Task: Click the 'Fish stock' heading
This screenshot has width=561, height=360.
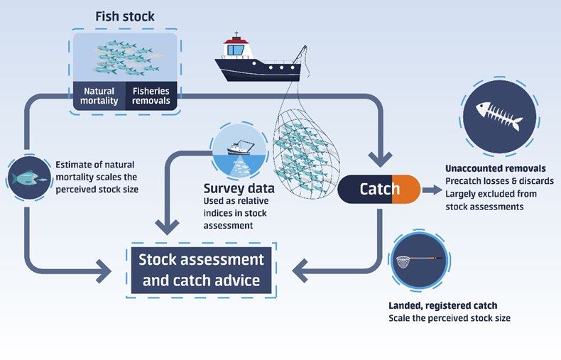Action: [x=125, y=16]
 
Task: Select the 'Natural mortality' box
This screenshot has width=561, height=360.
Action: [x=99, y=96]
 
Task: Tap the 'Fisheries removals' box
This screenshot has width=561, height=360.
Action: [x=151, y=96]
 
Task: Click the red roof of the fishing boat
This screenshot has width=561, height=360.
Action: [x=236, y=40]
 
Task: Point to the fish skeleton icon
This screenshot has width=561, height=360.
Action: [x=499, y=116]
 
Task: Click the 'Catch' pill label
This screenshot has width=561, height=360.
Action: [x=379, y=189]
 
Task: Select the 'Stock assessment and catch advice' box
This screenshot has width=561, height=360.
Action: [x=201, y=271]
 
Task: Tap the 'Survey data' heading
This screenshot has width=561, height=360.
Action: [x=239, y=188]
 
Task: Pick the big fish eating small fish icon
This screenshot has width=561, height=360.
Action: [x=29, y=178]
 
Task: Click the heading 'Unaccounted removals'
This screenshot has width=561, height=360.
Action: [x=496, y=168]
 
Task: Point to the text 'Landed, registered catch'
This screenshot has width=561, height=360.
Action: [x=443, y=305]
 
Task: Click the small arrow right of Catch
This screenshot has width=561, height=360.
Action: [x=432, y=190]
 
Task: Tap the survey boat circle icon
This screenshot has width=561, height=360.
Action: [x=239, y=151]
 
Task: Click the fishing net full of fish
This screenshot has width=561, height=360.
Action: [x=306, y=154]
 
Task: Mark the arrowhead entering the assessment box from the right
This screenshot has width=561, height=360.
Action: [x=300, y=271]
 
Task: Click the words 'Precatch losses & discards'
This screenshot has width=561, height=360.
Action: [x=499, y=181]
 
